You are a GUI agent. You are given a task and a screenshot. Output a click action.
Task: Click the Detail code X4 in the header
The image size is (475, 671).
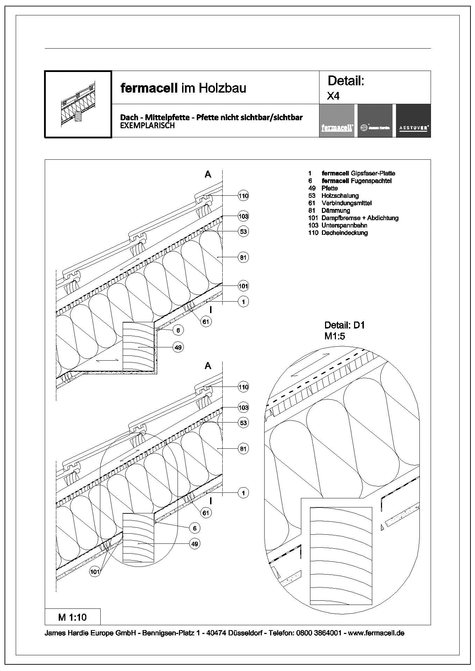coord(333,96)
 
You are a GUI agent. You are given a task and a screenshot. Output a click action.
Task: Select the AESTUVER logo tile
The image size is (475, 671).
coord(413,121)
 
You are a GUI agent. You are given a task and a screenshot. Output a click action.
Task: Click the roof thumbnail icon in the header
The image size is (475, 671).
coord(78,104)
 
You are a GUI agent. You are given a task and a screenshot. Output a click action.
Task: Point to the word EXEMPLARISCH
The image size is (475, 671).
coord(147,126)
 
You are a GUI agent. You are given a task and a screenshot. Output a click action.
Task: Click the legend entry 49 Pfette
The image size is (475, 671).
coord(323,188)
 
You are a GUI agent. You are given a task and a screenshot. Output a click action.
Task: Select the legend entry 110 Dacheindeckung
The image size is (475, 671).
coord(338,233)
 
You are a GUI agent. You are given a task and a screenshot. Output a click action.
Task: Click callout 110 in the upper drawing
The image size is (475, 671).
coord(243,196)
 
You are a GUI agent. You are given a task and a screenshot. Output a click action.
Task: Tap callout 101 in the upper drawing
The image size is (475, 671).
coord(243,286)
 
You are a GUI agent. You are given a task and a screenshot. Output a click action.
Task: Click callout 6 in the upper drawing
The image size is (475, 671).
coord(178,330)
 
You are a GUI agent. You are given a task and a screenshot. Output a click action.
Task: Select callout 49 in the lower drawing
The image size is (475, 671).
coord(195,544)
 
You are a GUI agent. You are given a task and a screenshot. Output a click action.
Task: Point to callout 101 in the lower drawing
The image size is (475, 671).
coord(95,572)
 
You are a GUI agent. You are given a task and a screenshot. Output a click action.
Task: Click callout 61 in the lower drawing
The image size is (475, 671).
coord(206,513)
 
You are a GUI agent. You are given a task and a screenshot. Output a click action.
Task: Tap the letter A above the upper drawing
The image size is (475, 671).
coord(208,174)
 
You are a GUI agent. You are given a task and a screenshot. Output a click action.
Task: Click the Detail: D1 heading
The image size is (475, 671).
coord(344,325)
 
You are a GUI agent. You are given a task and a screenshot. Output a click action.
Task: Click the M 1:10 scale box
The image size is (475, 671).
coord(73,617)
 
